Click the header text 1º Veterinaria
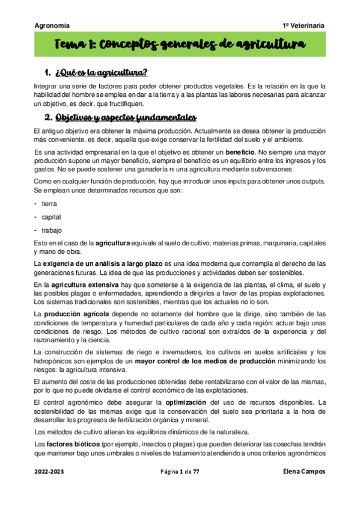click(304, 26)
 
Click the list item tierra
click(49, 204)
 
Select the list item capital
click(51, 217)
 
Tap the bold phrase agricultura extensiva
click(85, 284)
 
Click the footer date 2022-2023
click(47, 472)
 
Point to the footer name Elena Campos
click(304, 472)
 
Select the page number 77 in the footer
click(195, 472)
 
